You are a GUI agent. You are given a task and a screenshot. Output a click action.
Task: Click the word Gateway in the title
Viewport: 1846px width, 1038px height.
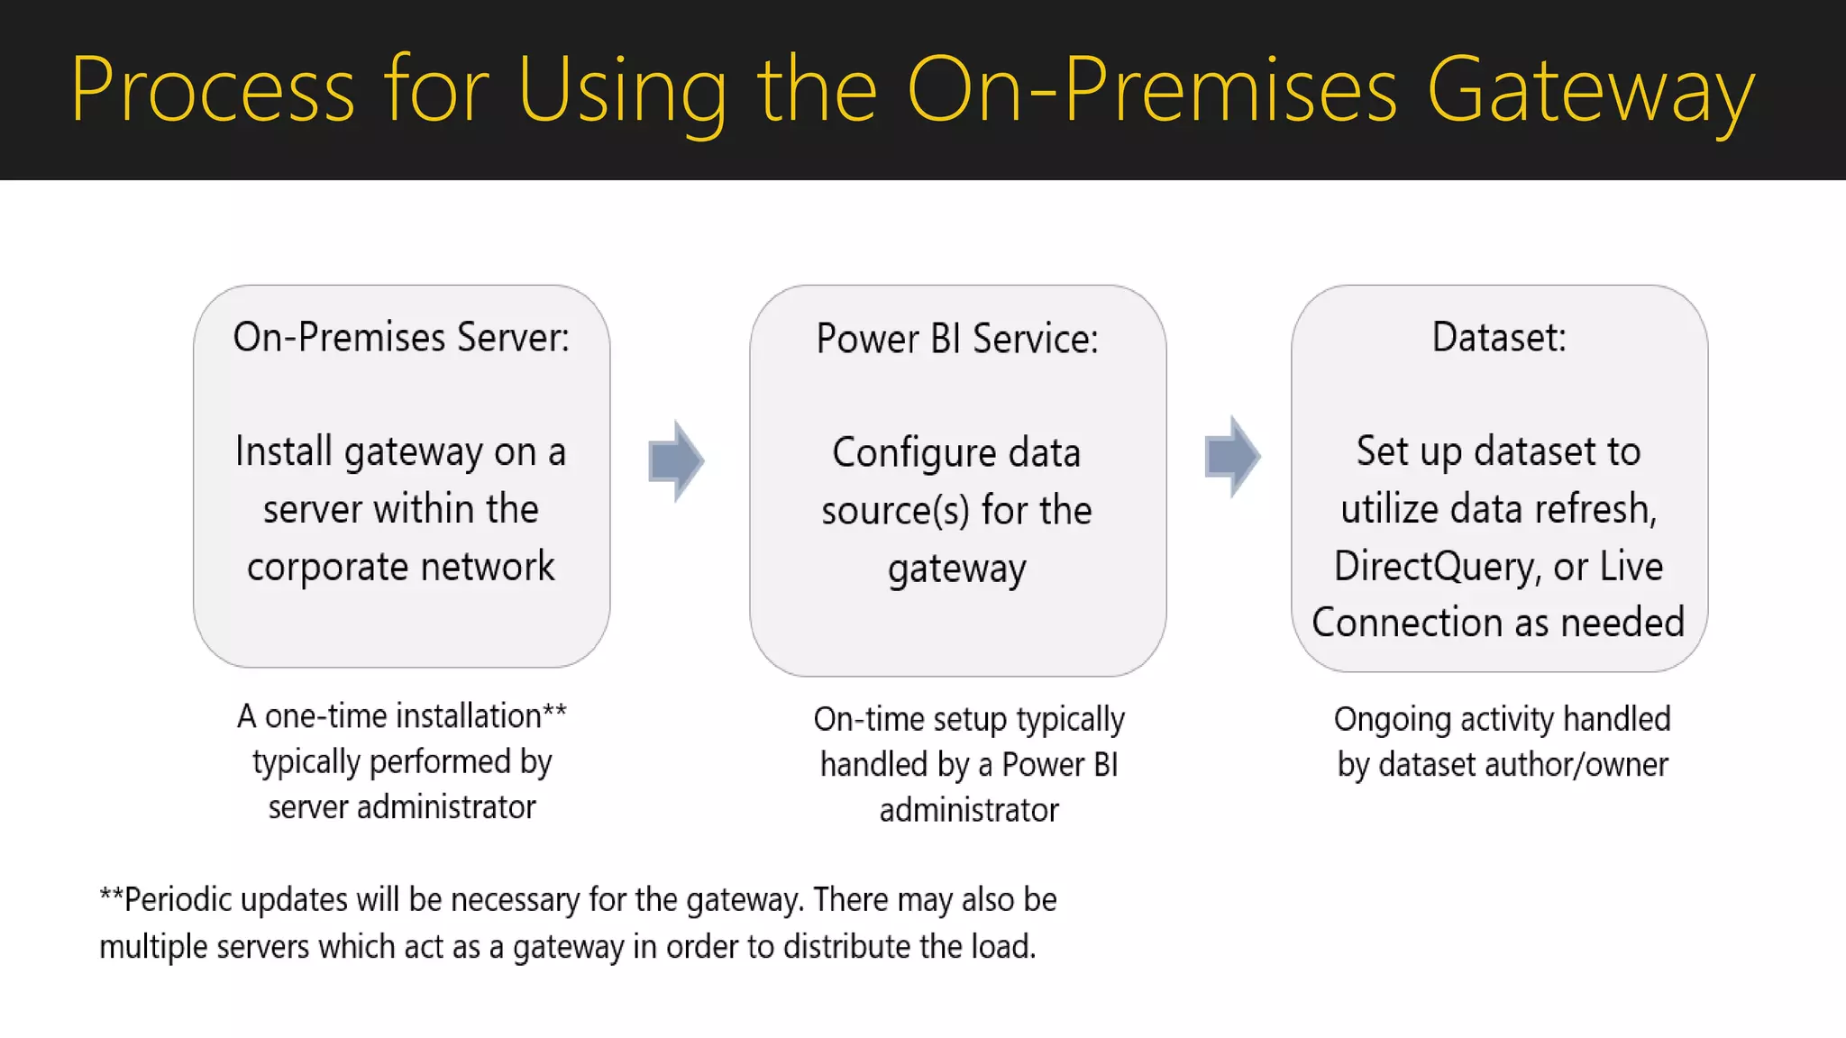(x=1590, y=90)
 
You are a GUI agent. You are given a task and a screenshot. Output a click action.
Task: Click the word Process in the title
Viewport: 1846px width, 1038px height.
(x=213, y=90)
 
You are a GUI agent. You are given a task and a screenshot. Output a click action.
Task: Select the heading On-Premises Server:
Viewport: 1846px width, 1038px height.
(x=401, y=337)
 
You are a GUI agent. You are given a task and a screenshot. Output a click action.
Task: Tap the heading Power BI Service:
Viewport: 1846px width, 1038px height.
(x=957, y=339)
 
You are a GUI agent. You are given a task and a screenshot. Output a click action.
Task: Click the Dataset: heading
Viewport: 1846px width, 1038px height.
(x=1499, y=337)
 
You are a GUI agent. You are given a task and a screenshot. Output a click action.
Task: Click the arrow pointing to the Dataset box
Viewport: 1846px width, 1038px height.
(x=1232, y=456)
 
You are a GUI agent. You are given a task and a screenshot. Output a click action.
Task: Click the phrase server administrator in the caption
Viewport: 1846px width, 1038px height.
(x=402, y=807)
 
